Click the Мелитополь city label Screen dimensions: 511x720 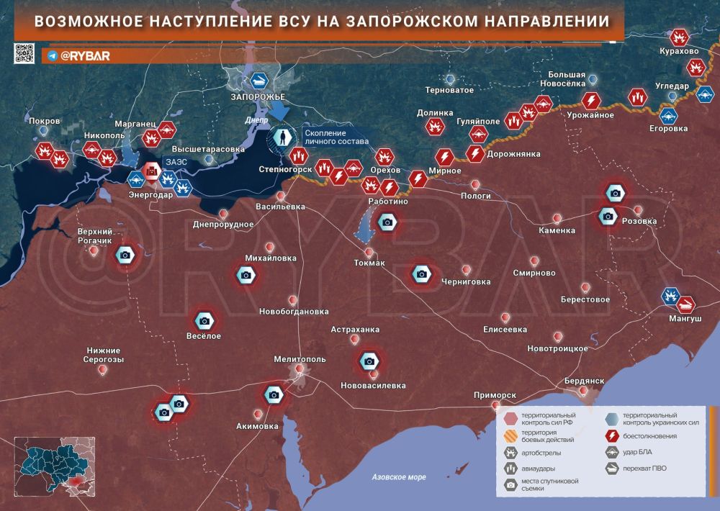(300, 358)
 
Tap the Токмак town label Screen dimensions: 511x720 (369, 263)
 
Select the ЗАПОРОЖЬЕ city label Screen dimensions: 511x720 (258, 96)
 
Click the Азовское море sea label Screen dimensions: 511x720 (399, 476)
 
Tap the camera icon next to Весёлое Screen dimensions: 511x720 (204, 321)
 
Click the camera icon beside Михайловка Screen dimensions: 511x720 (246, 275)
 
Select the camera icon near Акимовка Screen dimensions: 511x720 (273, 394)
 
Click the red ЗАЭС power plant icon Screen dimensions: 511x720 (151, 171)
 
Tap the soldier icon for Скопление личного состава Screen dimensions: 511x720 (284, 137)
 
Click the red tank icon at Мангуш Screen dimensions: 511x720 (687, 304)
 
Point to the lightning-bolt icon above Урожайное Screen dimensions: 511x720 (591, 100)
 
